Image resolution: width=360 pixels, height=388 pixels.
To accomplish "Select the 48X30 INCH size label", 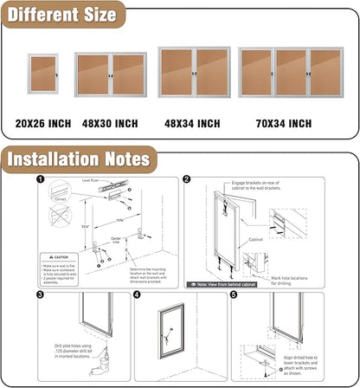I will click(x=108, y=124).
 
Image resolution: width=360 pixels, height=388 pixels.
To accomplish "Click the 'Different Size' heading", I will click(x=61, y=15).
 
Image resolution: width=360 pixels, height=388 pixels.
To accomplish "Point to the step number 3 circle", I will click(x=40, y=295).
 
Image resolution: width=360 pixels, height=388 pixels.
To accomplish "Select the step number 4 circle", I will click(x=137, y=295).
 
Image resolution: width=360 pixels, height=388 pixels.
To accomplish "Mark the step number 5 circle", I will click(x=233, y=295).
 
